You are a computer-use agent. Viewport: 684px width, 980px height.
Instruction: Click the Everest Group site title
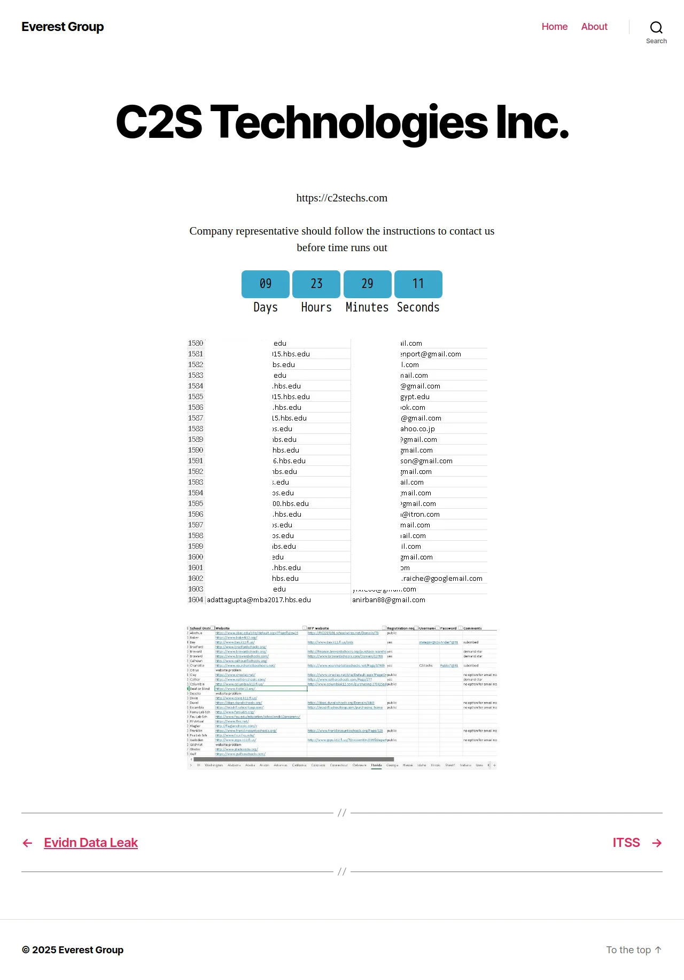point(63,27)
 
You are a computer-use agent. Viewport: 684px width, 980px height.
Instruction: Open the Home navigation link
point(554,27)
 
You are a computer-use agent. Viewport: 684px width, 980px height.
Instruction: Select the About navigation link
point(594,27)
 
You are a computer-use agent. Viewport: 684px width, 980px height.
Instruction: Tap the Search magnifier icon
point(656,28)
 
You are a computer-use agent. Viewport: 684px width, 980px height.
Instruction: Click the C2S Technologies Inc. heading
point(342,122)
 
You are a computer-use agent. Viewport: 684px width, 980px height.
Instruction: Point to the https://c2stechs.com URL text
point(342,198)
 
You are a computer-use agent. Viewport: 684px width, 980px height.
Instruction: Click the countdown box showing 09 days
point(266,284)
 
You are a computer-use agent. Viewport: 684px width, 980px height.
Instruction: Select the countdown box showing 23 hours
point(316,284)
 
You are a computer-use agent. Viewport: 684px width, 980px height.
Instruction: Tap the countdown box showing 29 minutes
point(367,284)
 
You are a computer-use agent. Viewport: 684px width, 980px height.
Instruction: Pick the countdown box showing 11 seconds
point(418,284)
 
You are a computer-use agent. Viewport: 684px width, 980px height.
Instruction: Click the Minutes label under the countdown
point(367,307)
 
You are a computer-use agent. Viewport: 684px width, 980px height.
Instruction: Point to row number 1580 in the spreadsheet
point(196,343)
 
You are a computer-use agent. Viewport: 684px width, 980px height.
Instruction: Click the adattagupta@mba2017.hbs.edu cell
point(259,600)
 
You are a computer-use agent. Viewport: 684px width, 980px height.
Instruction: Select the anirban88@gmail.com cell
point(388,600)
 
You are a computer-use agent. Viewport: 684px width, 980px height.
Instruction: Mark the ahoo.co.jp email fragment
point(417,429)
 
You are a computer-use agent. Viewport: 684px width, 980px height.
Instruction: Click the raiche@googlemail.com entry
point(442,579)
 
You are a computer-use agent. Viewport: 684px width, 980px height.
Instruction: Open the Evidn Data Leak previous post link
point(91,843)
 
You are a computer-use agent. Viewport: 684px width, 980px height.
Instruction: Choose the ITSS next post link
point(626,843)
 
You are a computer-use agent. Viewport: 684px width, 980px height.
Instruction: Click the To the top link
point(633,950)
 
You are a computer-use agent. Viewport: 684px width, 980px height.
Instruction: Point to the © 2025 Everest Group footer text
point(73,950)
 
